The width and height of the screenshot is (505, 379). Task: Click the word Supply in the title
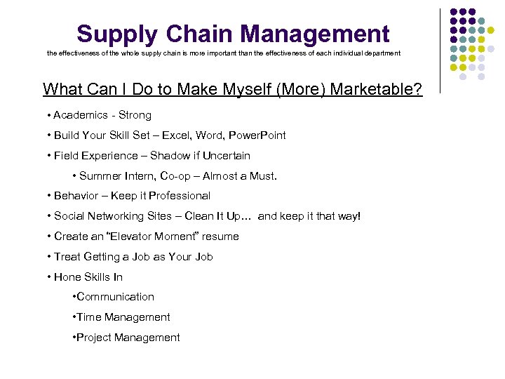[x=116, y=34]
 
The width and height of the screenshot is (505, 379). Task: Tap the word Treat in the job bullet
[x=67, y=257]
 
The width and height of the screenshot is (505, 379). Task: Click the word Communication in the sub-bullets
[x=115, y=297]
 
